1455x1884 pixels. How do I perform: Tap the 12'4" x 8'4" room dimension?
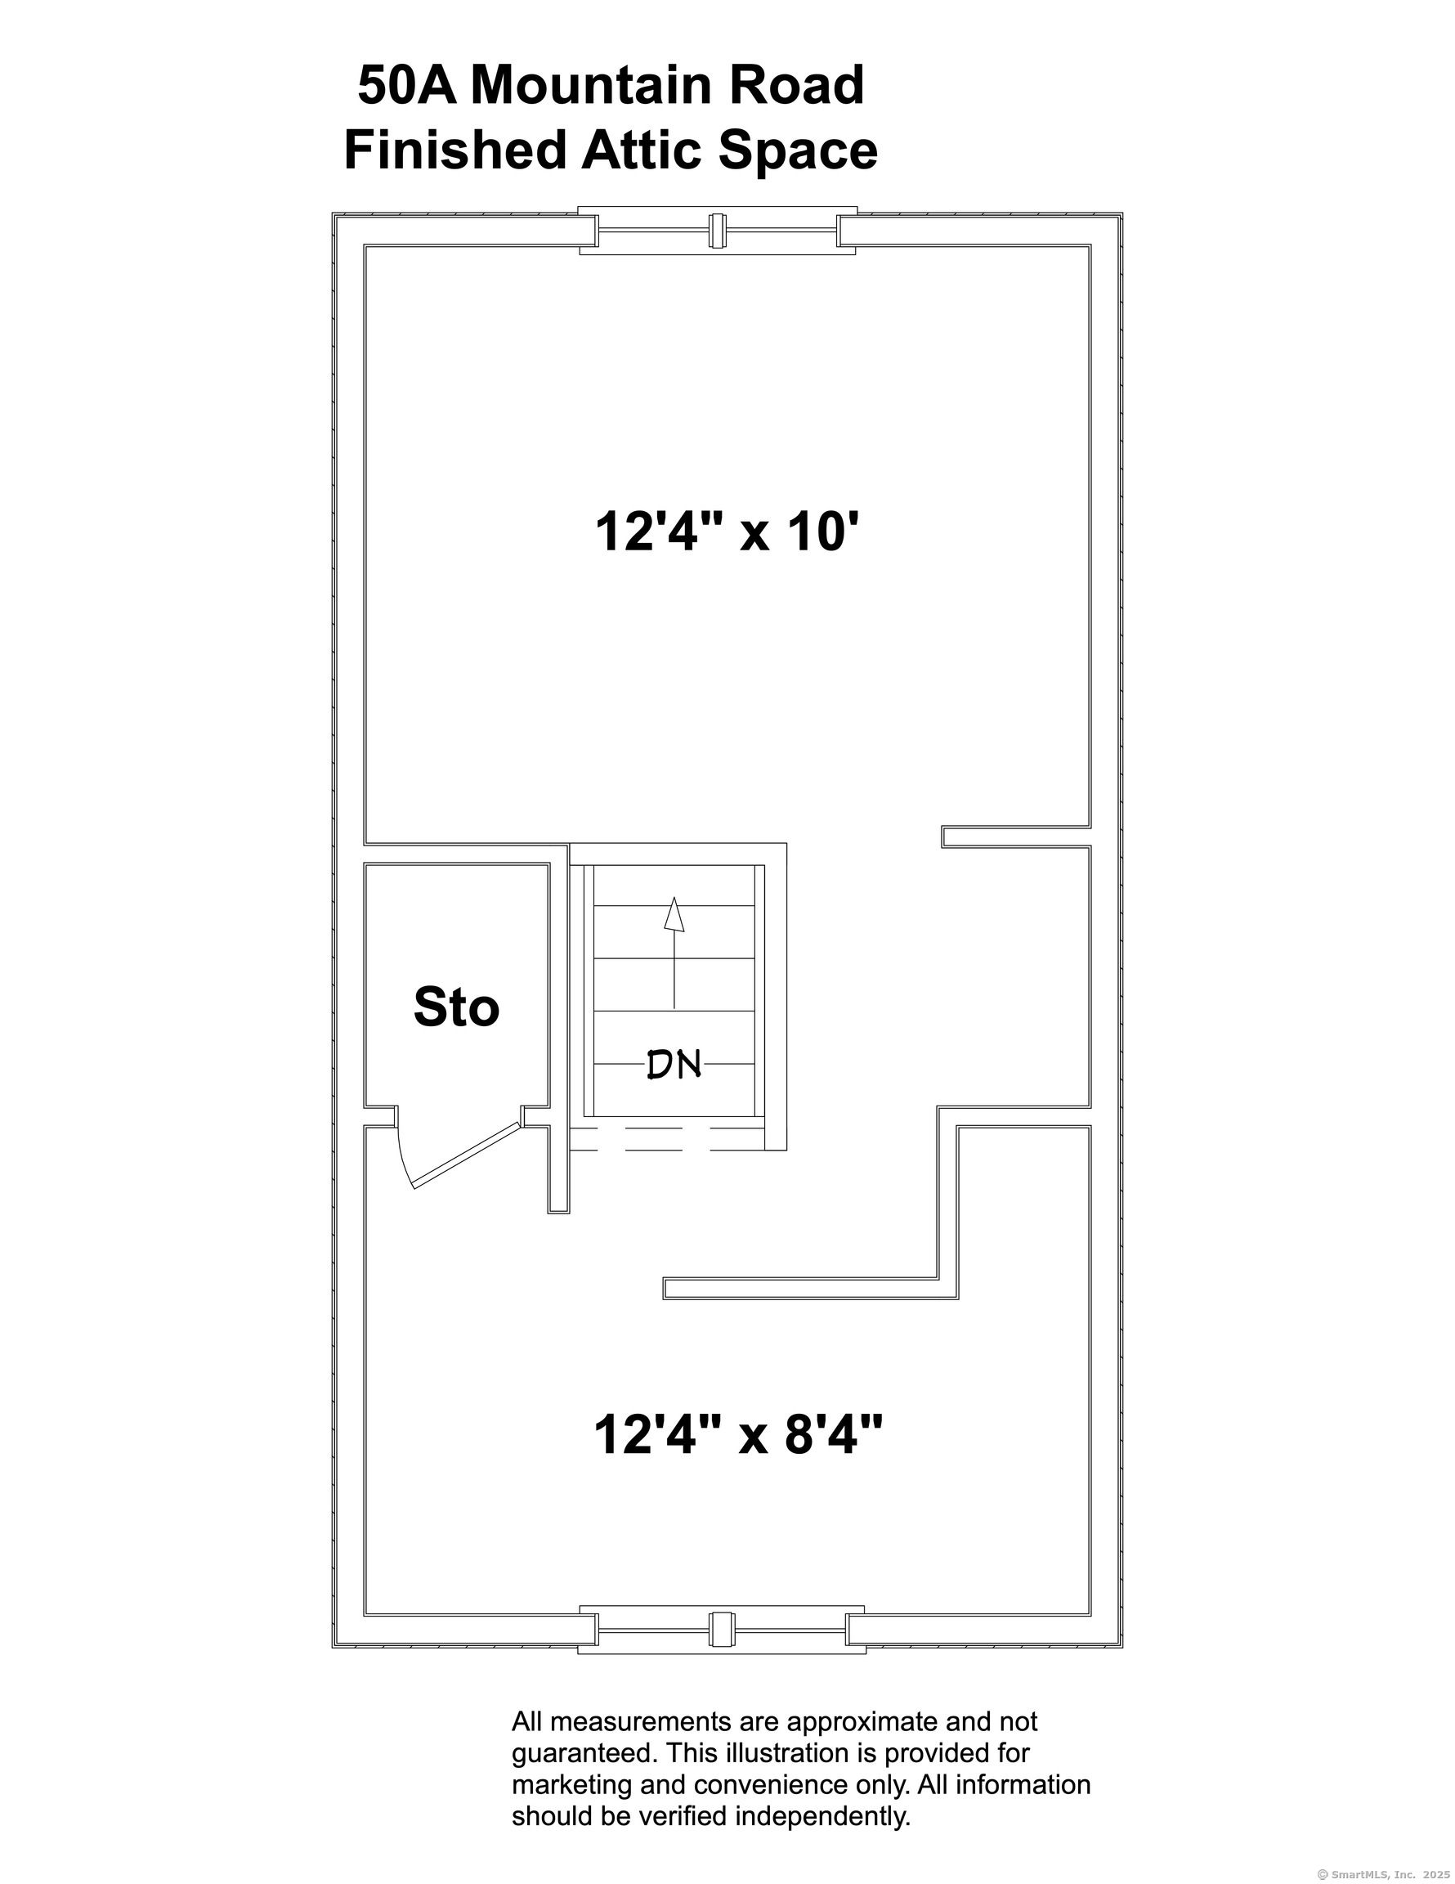(x=738, y=1435)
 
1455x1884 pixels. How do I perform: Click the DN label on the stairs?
(x=674, y=1065)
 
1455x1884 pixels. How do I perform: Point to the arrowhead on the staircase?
(x=674, y=914)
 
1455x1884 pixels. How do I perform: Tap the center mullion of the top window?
(x=718, y=231)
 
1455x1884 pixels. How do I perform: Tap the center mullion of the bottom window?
(x=722, y=1630)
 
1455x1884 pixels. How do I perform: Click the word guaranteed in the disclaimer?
(x=580, y=1753)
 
